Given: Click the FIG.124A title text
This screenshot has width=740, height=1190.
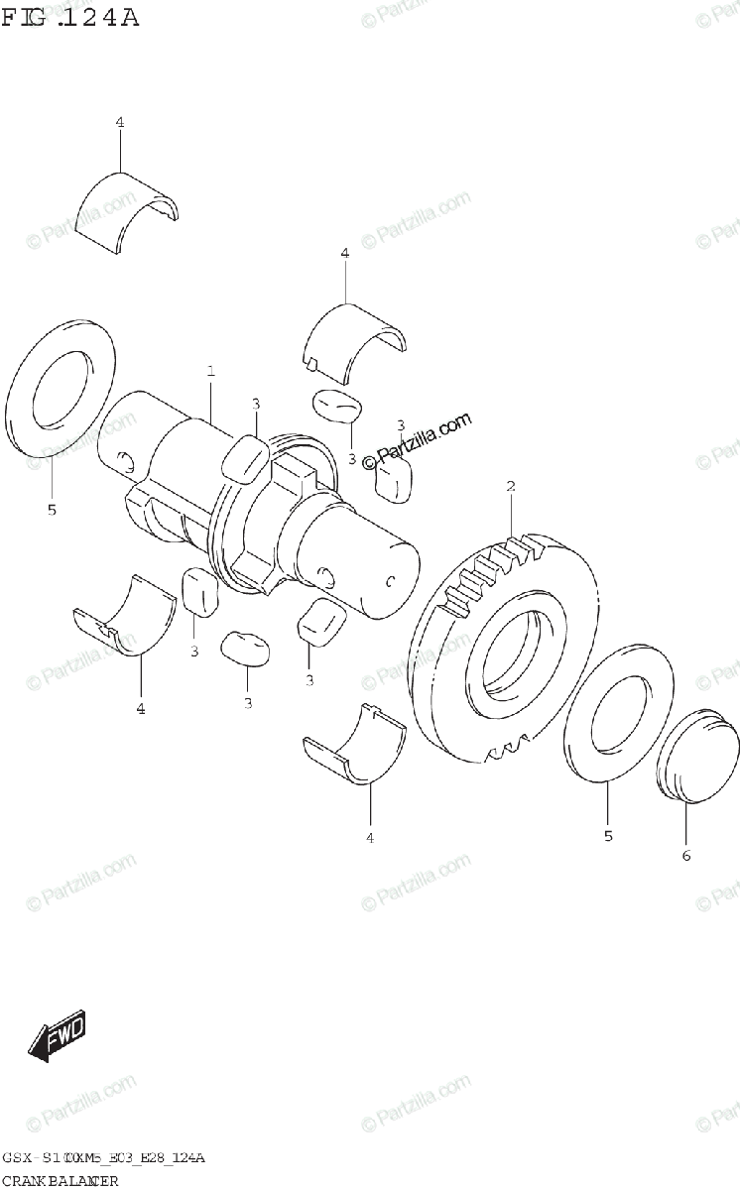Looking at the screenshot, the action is point(69,17).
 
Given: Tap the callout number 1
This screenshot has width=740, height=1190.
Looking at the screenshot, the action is point(211,372).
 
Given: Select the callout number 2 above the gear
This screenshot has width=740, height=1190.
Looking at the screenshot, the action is point(511,486).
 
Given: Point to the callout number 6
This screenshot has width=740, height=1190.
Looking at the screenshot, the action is point(685,855).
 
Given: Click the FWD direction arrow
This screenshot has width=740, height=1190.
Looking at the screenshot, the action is point(57,1037).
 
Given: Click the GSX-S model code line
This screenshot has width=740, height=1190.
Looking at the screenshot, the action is point(103,1159).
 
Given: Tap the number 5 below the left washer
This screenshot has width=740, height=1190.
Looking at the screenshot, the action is point(52,511).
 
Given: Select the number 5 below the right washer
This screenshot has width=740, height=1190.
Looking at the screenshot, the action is point(608,836).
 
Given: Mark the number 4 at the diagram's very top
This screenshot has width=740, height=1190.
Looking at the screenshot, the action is point(119,122).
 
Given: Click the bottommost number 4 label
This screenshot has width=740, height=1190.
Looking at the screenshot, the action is point(370,839).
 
